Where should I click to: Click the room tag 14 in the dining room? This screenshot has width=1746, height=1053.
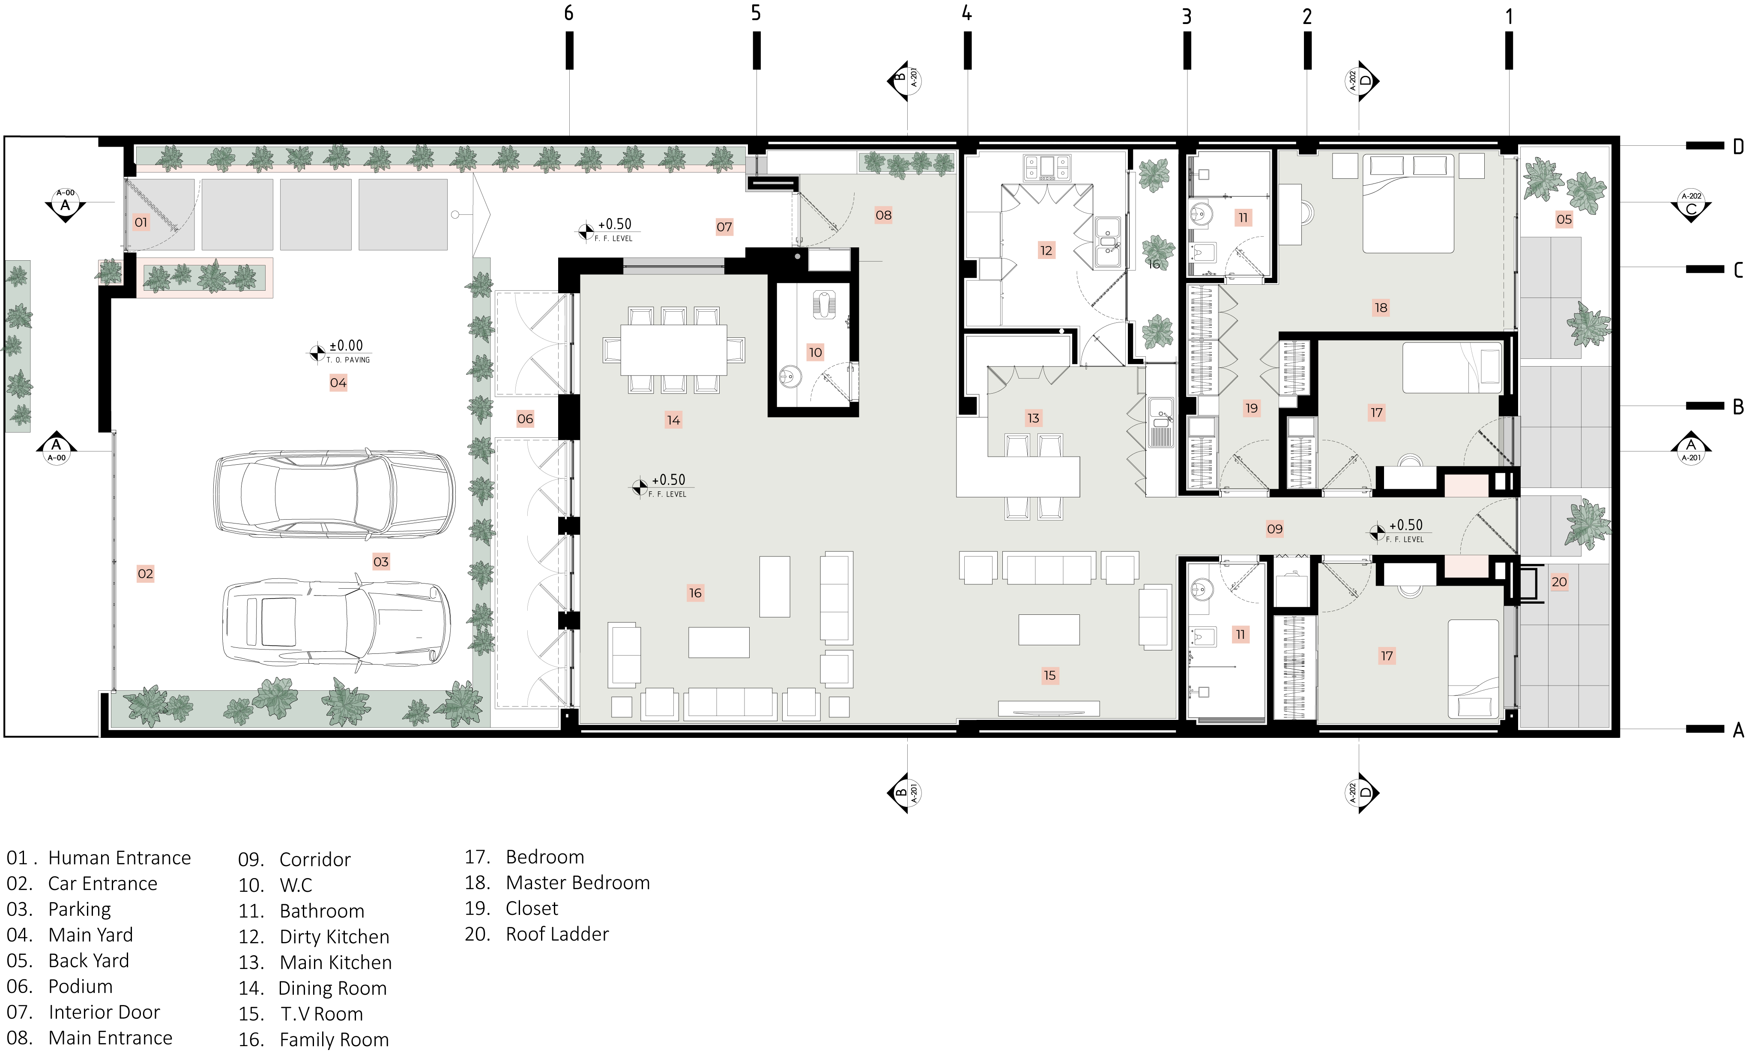(673, 420)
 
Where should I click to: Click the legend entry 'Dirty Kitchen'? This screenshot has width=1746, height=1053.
(335, 937)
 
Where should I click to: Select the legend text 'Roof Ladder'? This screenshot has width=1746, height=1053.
(557, 934)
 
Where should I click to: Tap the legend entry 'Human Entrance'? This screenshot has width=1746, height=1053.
(119, 858)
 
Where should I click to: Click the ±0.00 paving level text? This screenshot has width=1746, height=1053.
(346, 345)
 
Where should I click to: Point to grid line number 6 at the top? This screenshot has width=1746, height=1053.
(568, 13)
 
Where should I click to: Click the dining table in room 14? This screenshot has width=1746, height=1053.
(673, 349)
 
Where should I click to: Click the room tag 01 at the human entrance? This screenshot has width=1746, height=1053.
(141, 223)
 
